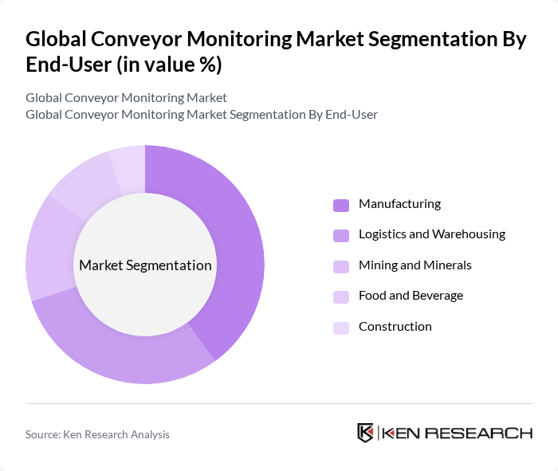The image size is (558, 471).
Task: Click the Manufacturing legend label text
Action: (x=399, y=204)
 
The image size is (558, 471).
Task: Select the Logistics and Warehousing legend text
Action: (x=431, y=234)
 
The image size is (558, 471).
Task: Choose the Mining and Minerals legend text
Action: (x=415, y=265)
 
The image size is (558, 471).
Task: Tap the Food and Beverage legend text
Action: (x=411, y=296)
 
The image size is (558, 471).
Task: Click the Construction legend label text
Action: (x=395, y=327)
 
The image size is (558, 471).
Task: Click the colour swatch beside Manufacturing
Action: (x=341, y=205)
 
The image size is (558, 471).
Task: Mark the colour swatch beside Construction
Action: (x=341, y=328)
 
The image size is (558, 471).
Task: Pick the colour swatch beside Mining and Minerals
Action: (x=341, y=266)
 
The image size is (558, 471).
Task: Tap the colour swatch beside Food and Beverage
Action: (x=341, y=296)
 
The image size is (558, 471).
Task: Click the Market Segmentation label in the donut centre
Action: (x=145, y=265)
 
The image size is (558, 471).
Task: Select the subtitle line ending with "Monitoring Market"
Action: (x=126, y=98)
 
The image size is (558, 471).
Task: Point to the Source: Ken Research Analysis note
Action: (x=97, y=434)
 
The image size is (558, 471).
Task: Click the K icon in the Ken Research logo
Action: (x=366, y=433)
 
